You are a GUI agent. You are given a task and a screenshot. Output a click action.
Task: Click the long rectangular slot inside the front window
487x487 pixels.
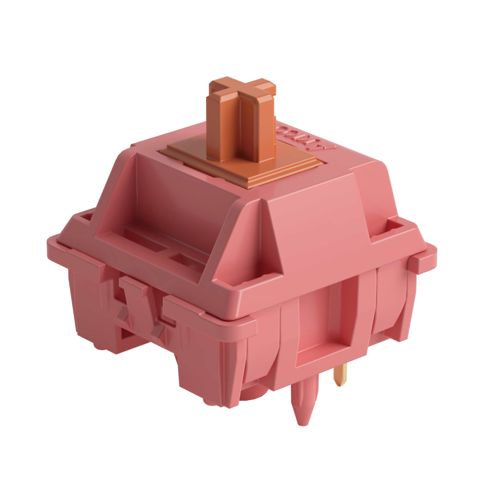(146, 238)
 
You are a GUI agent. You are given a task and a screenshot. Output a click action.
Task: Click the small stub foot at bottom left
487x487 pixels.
(98, 347)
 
